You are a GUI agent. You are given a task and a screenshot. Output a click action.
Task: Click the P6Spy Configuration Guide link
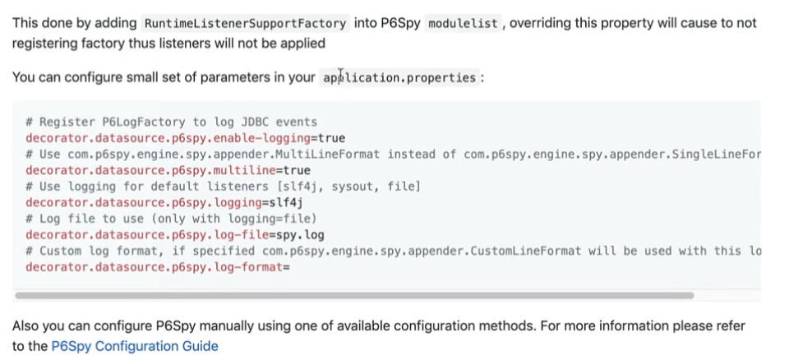135,346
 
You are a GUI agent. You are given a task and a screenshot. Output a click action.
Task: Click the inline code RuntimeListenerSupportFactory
245,23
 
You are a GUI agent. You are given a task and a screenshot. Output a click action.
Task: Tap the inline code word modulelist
464,23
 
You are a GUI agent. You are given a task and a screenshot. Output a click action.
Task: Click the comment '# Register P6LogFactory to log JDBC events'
171,122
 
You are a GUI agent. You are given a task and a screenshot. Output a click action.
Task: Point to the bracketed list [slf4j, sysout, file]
340,187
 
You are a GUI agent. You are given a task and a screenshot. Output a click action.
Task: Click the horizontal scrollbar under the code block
354,294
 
